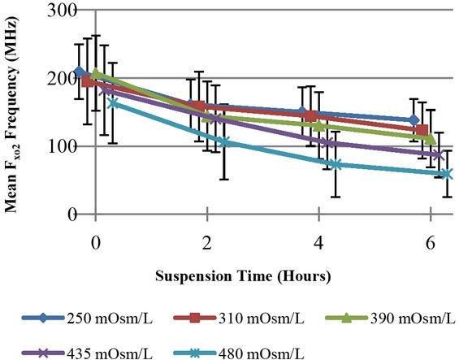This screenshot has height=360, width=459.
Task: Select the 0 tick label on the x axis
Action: pos(96,244)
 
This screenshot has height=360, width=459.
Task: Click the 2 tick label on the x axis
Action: pos(207,244)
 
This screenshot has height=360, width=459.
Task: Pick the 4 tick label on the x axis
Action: pos(319,244)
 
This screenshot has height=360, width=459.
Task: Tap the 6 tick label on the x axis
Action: pos(431,244)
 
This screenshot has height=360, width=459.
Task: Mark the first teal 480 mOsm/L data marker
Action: pos(113,102)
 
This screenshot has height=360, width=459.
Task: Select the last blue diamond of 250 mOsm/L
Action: pos(414,120)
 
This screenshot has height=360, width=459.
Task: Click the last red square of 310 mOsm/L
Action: pos(421,131)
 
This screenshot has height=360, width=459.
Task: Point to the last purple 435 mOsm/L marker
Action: pos(439,154)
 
